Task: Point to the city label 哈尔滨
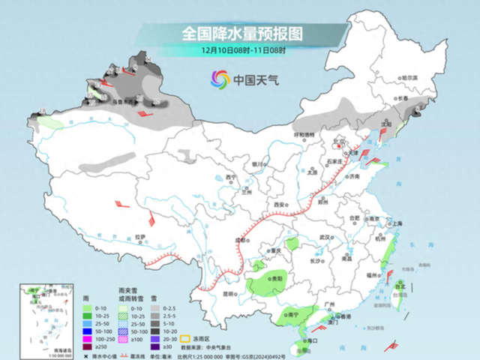pos(408,77)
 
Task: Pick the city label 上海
pos(398,223)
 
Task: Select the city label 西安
pos(280,204)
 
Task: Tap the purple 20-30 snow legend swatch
pos(153,339)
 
